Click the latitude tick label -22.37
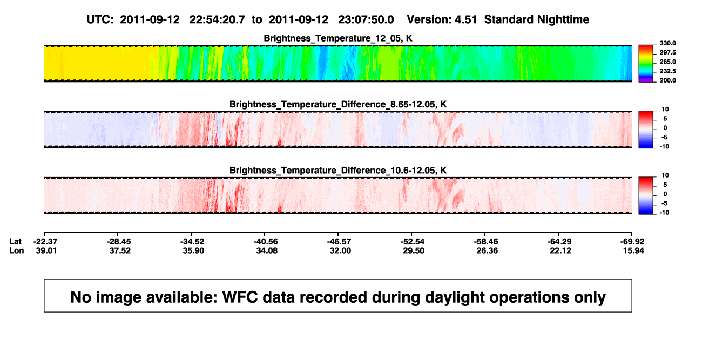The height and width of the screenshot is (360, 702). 46,242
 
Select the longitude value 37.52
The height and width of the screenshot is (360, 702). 120,250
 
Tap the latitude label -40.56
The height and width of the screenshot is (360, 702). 266,242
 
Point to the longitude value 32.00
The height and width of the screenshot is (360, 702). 340,250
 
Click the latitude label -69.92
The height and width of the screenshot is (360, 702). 632,242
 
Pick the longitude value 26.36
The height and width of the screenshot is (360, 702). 487,250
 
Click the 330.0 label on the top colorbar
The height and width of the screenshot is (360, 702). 667,43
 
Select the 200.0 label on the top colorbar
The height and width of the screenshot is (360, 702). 667,80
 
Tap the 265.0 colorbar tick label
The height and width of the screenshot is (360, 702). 667,62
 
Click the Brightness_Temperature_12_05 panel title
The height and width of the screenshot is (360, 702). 338,38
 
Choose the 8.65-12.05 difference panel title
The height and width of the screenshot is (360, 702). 338,104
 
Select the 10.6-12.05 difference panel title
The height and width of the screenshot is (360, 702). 338,171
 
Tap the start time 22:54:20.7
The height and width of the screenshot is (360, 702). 217,20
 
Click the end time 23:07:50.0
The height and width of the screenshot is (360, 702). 366,20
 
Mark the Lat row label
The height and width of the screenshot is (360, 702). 15,242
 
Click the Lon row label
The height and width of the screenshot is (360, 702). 16,250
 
